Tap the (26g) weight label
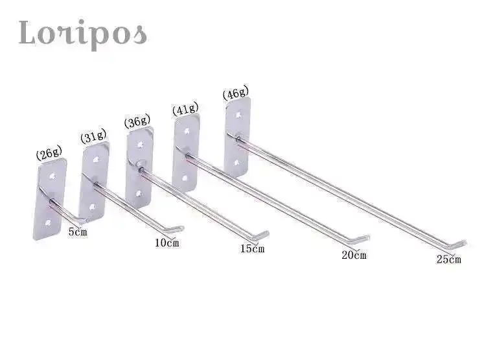coord(49,153)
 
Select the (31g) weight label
coord(93,136)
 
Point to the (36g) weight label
coord(137,121)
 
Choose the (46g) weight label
coord(236,93)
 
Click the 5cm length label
coord(78,232)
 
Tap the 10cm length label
coord(167,243)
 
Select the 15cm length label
coord(252,248)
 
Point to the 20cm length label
coord(354,255)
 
